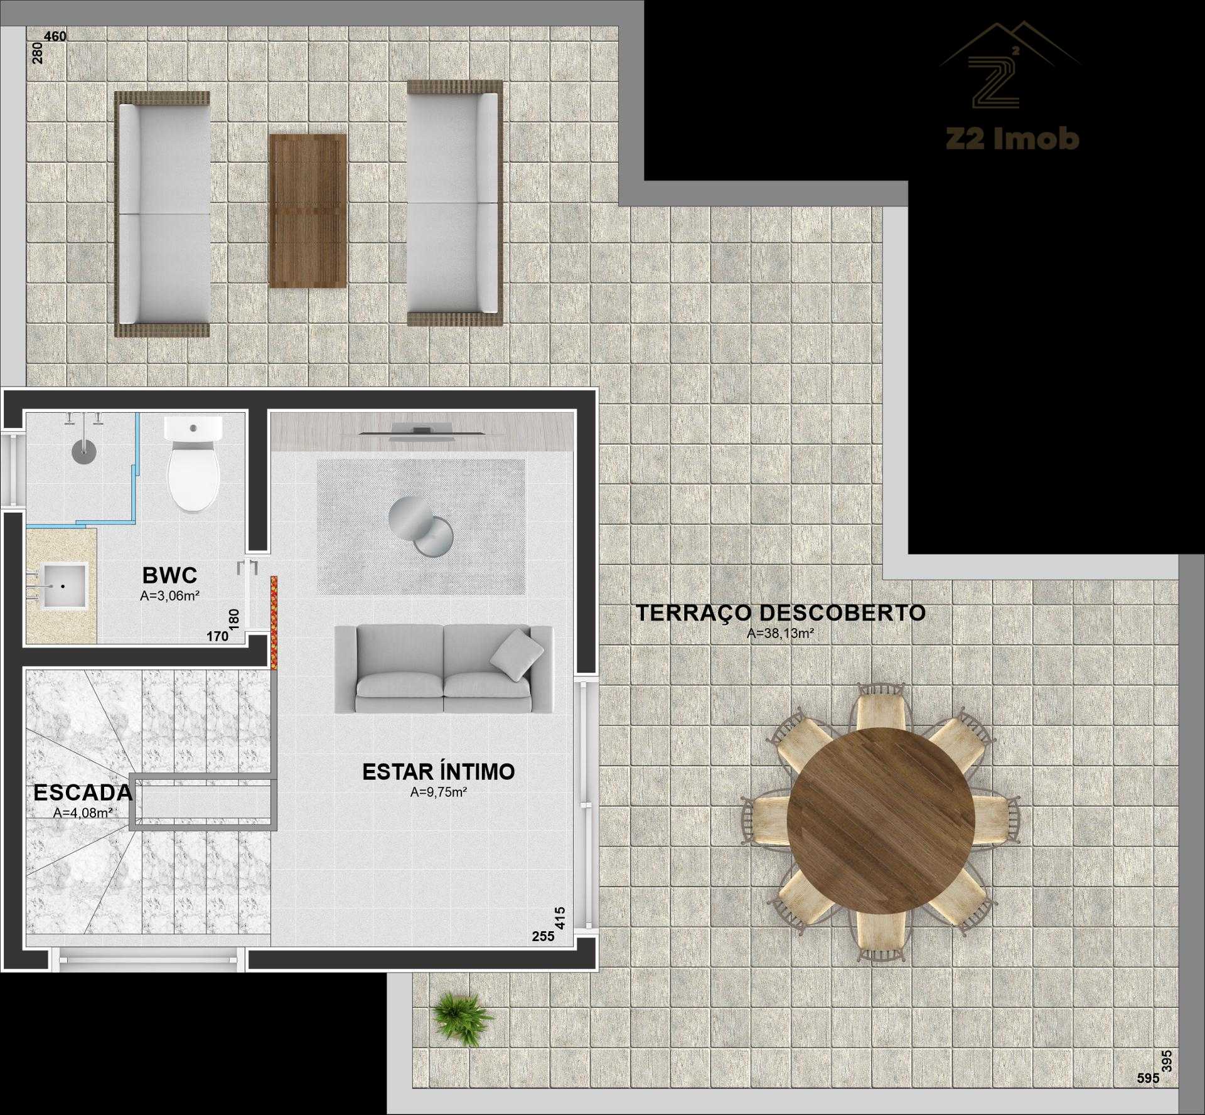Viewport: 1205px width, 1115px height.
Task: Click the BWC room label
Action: (x=169, y=575)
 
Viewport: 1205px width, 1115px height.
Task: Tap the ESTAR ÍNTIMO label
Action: (x=439, y=772)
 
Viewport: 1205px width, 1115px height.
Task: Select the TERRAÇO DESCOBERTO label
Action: (x=781, y=612)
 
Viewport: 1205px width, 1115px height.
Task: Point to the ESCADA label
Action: (x=83, y=792)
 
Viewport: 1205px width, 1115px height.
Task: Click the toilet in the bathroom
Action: (x=193, y=464)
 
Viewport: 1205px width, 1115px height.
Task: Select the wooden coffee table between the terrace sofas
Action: (x=308, y=211)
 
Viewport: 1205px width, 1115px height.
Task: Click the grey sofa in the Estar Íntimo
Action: (x=444, y=670)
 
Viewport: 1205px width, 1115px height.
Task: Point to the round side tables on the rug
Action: (x=420, y=526)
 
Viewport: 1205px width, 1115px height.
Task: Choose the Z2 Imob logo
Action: (x=1010, y=87)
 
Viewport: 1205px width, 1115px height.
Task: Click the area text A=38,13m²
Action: (x=780, y=634)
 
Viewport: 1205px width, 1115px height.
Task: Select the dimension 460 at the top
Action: (x=55, y=36)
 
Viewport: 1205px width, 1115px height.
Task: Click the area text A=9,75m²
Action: (x=439, y=792)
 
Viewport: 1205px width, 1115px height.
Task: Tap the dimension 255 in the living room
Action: (x=544, y=954)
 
